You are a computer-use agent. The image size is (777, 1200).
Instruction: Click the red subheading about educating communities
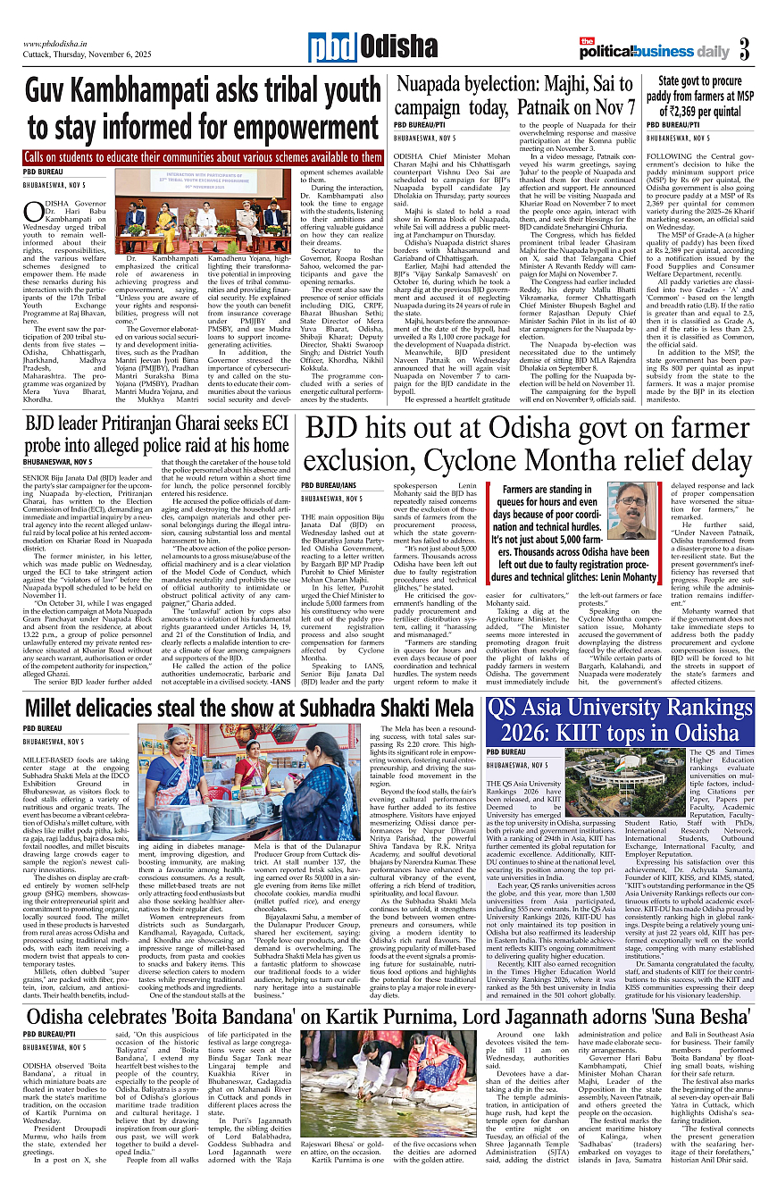coord(191,156)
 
